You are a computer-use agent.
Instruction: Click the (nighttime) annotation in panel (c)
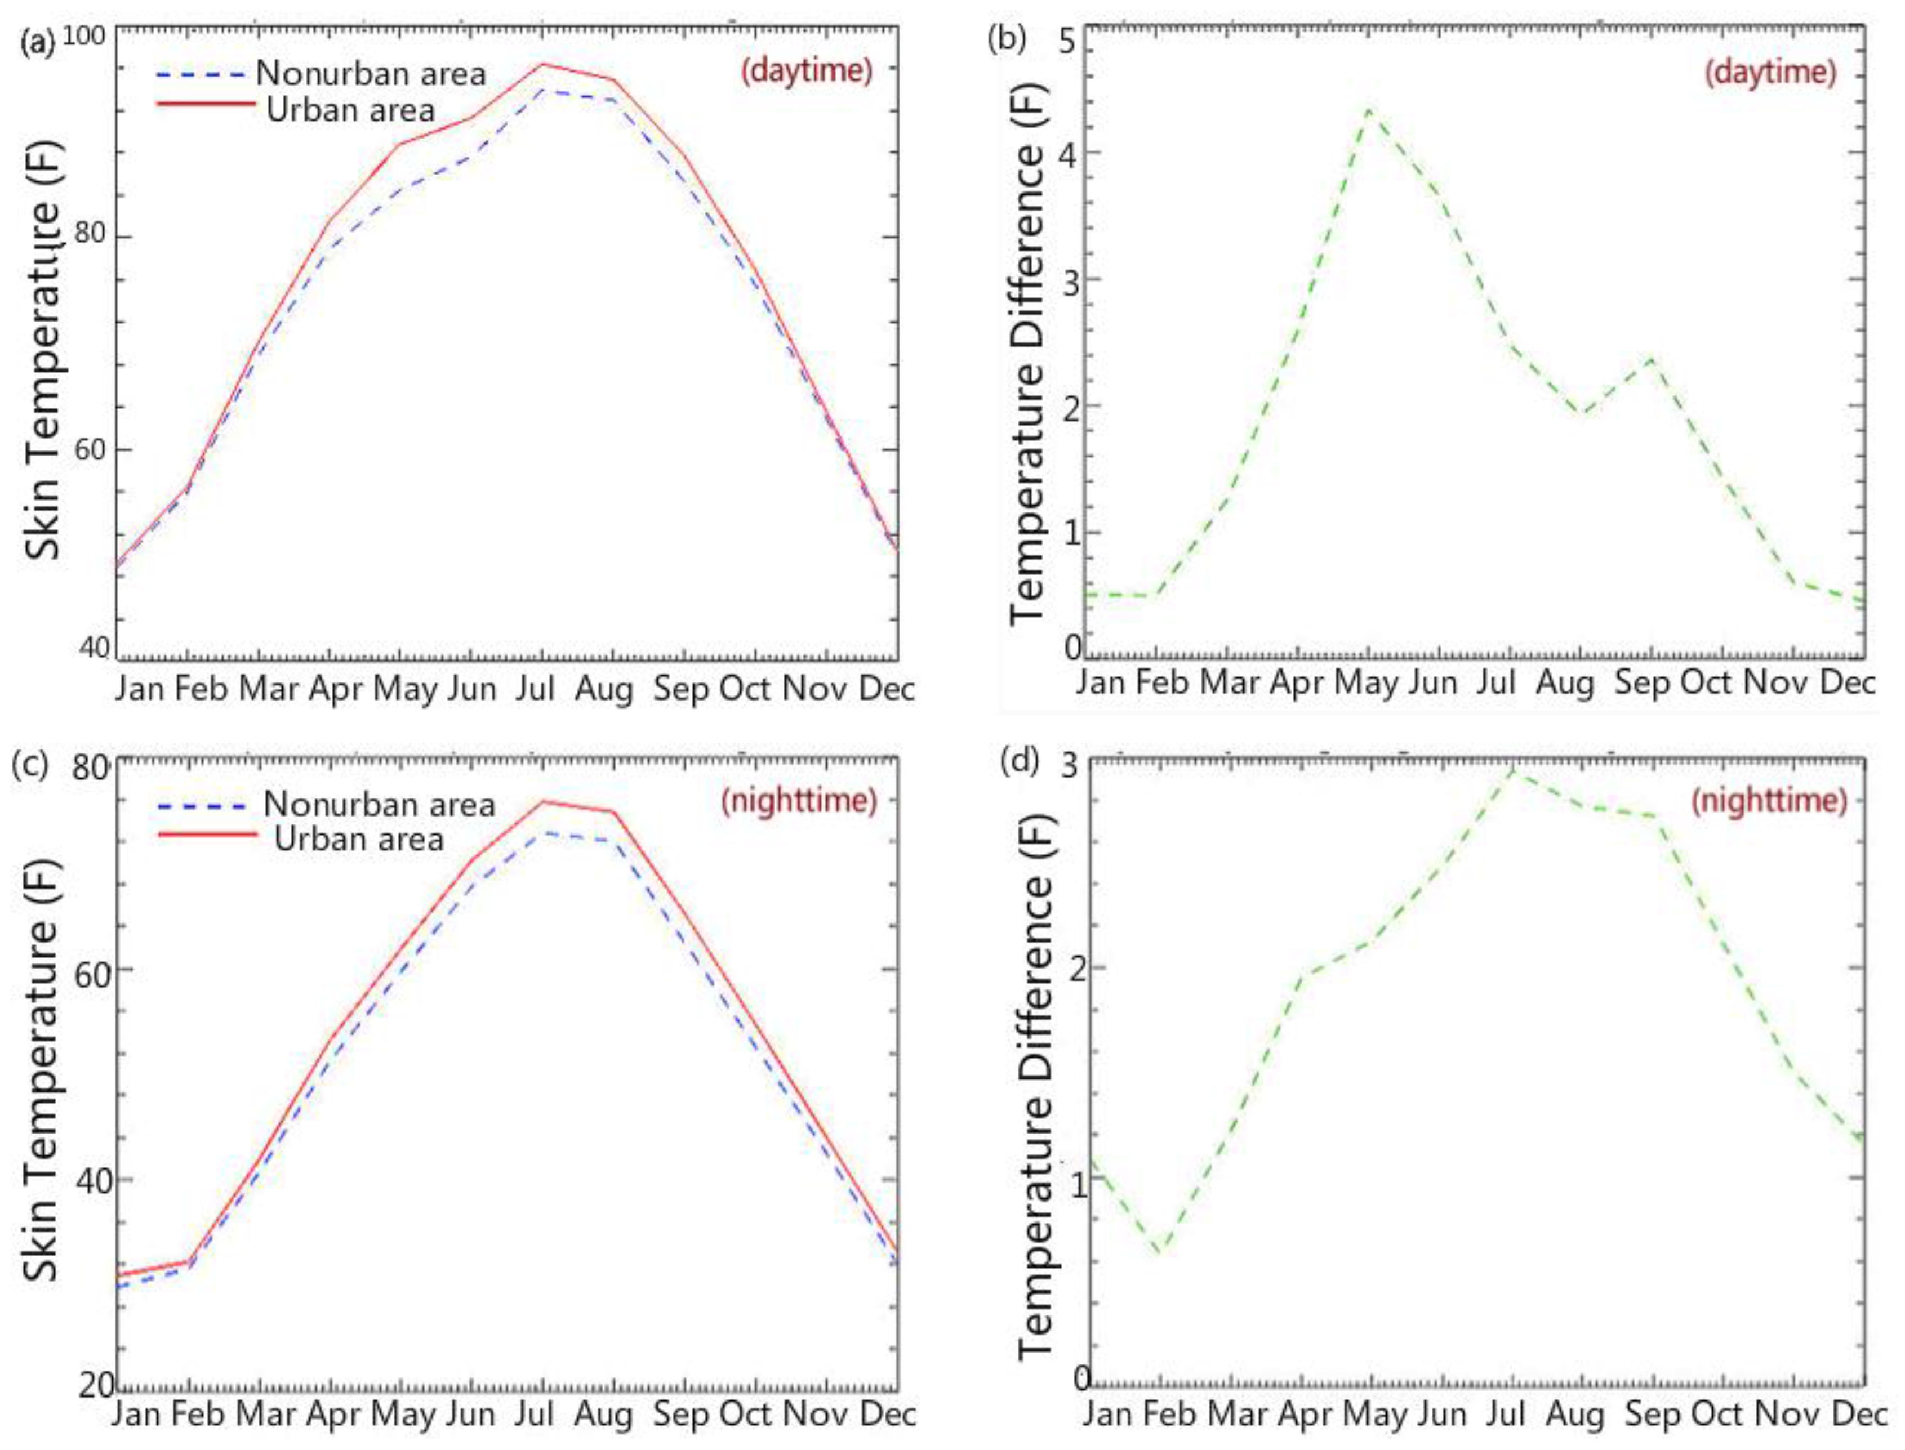tap(798, 801)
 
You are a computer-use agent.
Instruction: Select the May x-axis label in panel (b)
tap(1367, 682)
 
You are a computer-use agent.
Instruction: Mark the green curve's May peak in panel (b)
tap(1369, 110)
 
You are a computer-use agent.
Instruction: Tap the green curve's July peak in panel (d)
tap(1513, 770)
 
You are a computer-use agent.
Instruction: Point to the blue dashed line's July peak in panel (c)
tap(543, 833)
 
